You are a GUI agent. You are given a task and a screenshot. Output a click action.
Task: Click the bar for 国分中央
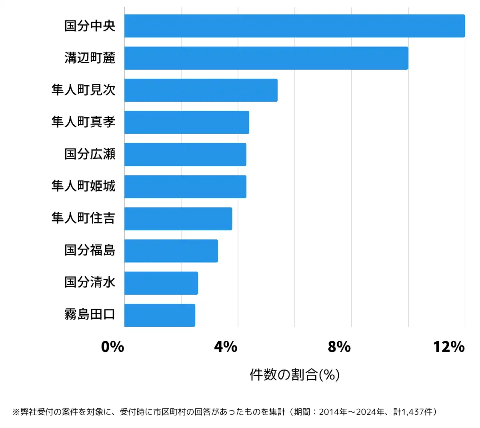(294, 26)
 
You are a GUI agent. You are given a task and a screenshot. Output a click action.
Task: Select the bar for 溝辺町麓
(266, 58)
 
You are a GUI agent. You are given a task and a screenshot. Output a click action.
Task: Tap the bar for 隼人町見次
(201, 90)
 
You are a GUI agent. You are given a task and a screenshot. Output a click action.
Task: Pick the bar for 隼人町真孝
(186, 122)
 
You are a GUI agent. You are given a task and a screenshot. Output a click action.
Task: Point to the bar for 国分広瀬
(185, 154)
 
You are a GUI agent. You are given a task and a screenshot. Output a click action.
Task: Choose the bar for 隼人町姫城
(185, 187)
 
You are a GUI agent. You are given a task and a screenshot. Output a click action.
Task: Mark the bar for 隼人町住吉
(178, 219)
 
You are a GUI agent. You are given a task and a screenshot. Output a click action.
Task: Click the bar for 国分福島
(171, 251)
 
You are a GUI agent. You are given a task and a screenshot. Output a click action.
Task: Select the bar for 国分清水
(161, 283)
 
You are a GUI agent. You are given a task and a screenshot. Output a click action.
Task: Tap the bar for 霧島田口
(160, 315)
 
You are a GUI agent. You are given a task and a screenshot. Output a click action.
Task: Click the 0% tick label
(112, 347)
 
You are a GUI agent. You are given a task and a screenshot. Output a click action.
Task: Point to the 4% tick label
(226, 347)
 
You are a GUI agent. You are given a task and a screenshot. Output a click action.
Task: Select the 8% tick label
(339, 347)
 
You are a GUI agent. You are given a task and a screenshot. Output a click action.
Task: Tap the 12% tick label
(449, 347)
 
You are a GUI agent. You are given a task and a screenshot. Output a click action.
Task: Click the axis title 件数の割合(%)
(294, 375)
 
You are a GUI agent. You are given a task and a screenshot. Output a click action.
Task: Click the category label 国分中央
(90, 26)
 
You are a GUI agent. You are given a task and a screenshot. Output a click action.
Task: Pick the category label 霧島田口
(90, 315)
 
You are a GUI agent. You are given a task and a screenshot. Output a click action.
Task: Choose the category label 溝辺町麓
(90, 58)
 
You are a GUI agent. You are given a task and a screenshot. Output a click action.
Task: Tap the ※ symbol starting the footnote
(16, 412)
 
